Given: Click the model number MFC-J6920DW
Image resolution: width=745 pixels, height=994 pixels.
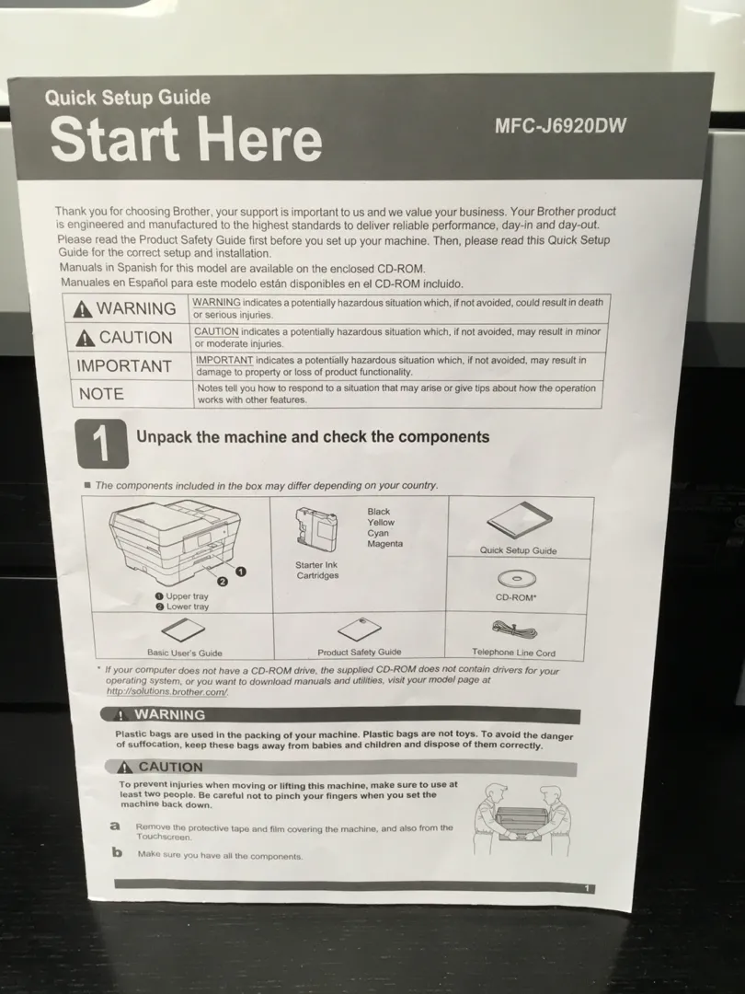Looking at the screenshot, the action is pyautogui.click(x=560, y=125).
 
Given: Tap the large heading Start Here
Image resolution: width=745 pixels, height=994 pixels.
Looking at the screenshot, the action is pyautogui.click(x=186, y=140).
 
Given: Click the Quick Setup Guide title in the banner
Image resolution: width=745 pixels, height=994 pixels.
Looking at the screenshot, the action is pyautogui.click(x=127, y=98).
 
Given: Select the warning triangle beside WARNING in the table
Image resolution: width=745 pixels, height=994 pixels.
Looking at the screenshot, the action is pyautogui.click(x=83, y=309).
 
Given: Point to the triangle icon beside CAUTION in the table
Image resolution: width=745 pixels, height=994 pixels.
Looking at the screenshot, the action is pyautogui.click(x=86, y=339).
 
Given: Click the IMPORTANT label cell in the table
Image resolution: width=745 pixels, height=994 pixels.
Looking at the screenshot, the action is pyautogui.click(x=124, y=366).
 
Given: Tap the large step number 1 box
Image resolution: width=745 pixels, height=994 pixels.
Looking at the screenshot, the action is pyautogui.click(x=101, y=443).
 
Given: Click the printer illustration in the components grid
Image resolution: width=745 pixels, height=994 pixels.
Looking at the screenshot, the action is pyautogui.click(x=176, y=542).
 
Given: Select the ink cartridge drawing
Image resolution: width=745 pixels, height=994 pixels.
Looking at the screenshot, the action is pyautogui.click(x=315, y=528).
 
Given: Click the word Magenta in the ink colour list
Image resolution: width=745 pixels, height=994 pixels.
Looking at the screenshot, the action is pyautogui.click(x=384, y=544).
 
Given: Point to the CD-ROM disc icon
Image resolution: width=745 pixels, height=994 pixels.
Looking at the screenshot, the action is pyautogui.click(x=516, y=579).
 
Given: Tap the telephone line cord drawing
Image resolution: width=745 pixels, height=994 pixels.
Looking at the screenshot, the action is pyautogui.click(x=514, y=630).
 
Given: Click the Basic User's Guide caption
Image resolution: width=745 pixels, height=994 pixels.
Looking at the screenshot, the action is pyautogui.click(x=184, y=653).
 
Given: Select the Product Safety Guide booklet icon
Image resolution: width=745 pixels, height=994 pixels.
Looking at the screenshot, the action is pyautogui.click(x=360, y=629).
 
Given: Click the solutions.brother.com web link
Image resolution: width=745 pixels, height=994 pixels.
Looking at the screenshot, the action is pyautogui.click(x=166, y=691).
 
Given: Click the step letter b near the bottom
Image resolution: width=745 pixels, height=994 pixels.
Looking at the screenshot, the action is pyautogui.click(x=117, y=852).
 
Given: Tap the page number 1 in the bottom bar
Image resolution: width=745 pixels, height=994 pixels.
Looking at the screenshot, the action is pyautogui.click(x=587, y=889).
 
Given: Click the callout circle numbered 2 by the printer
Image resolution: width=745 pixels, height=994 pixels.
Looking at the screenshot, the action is pyautogui.click(x=223, y=581).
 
